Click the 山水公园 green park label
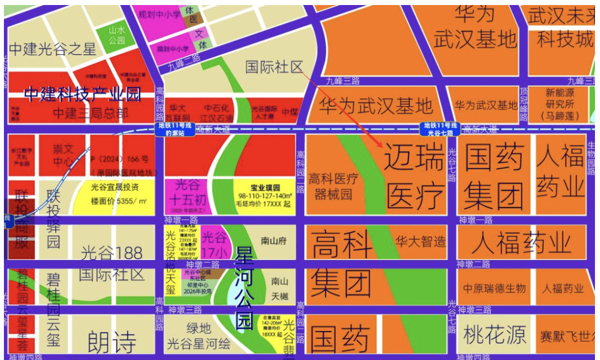point(117,36)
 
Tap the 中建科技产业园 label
point(82,94)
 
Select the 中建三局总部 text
point(90,113)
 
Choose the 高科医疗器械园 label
point(334,187)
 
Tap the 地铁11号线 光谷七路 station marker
point(439,129)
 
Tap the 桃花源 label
point(495,335)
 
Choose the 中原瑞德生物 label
point(494,288)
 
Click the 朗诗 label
point(112,341)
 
